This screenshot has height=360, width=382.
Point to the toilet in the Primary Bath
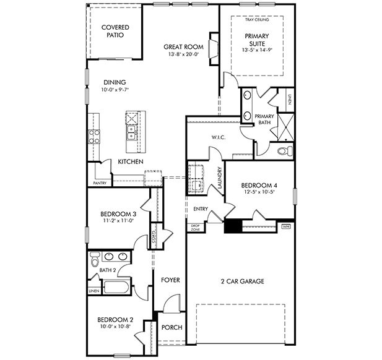284,150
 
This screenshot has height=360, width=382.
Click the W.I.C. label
219,137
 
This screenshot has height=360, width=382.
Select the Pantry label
100,183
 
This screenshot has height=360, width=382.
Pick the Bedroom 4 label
259,184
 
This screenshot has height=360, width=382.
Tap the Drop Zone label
195,228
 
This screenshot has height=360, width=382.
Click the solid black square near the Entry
233,226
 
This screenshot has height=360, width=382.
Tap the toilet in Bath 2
95,257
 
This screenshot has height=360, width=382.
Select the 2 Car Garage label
243,281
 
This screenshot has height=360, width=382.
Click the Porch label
171,327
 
